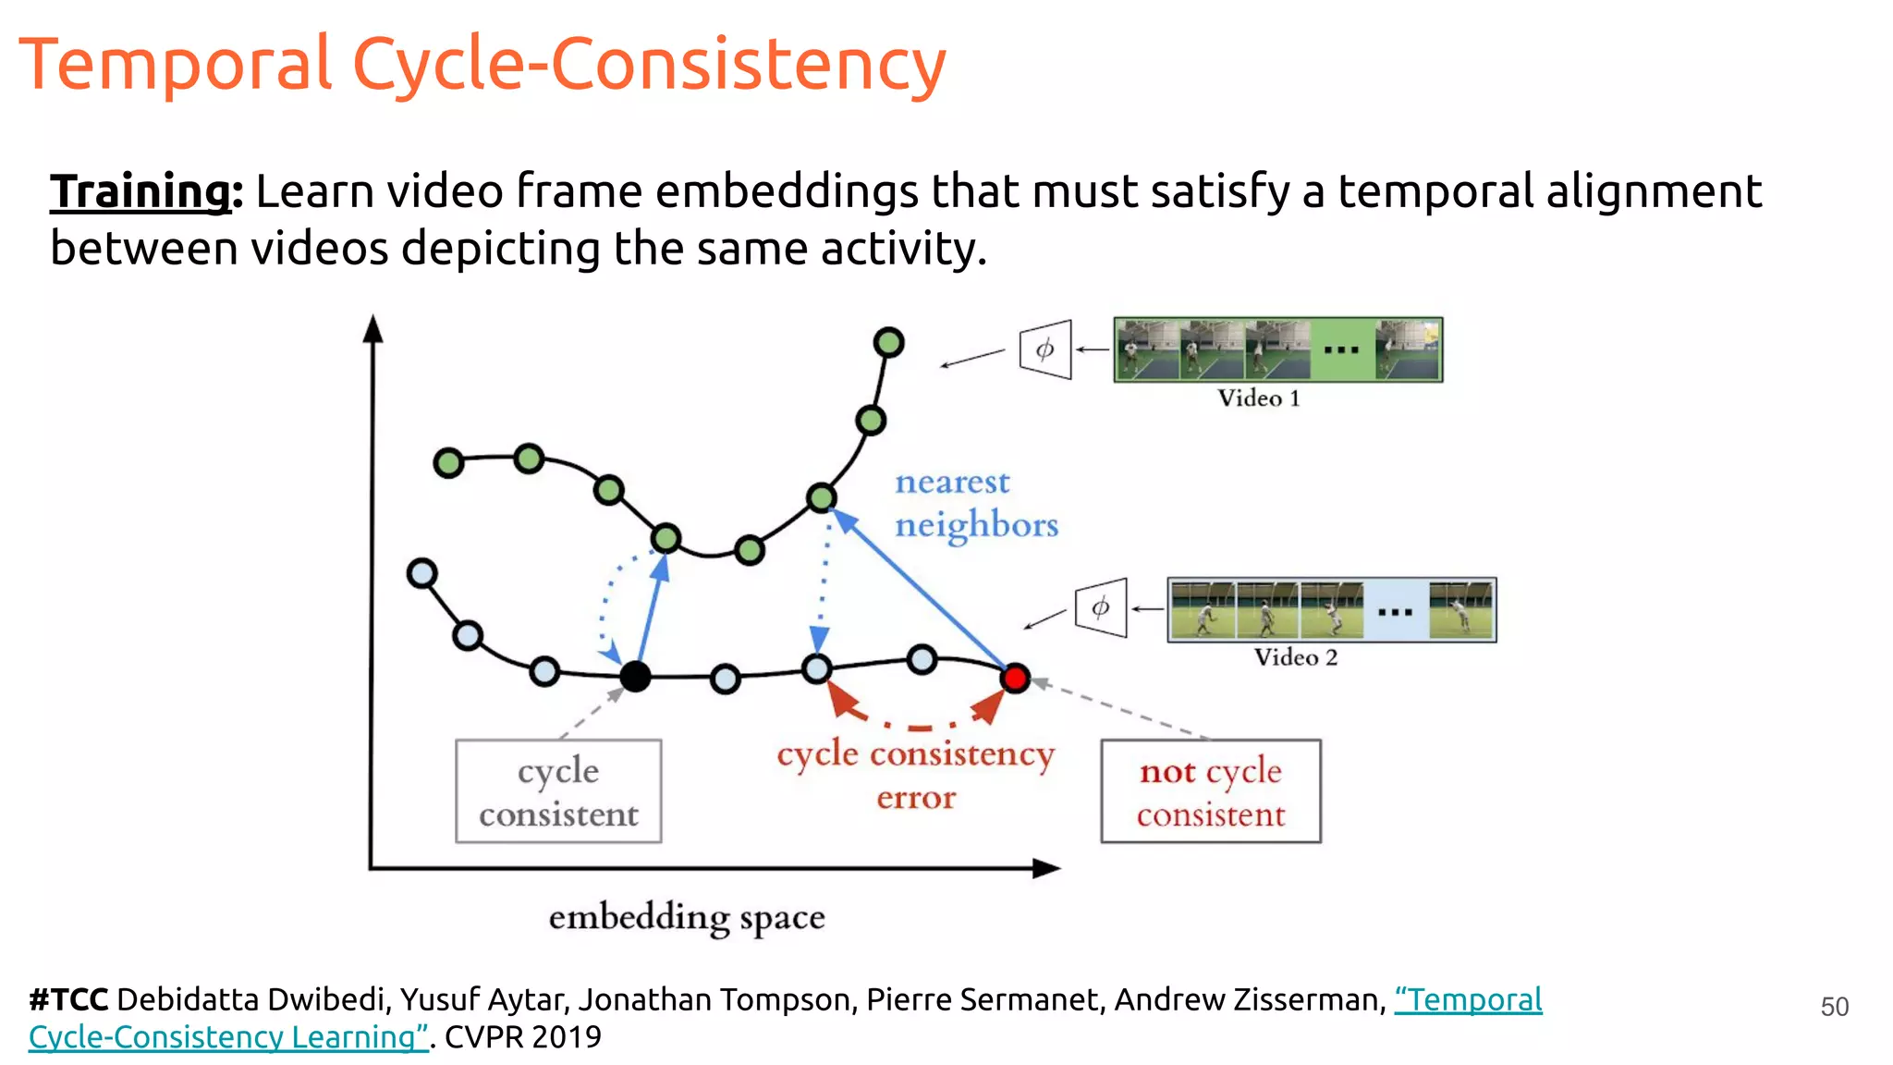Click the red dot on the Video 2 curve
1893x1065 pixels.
pos(1015,679)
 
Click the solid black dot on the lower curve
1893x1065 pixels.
pos(635,677)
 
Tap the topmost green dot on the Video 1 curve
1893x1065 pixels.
pos(888,343)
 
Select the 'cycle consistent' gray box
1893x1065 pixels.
pos(558,791)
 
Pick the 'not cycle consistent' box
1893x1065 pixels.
pos(1211,791)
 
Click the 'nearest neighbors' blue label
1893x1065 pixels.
pos(975,503)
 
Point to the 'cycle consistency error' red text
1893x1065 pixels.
pos(915,775)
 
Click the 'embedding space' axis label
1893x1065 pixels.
pos(687,918)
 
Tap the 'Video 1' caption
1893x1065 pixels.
pos(1259,398)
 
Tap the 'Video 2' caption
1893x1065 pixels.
pos(1296,657)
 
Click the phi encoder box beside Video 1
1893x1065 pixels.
pos(1045,349)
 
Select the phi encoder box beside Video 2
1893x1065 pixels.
pos(1101,607)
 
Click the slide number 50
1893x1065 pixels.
pos(1834,1007)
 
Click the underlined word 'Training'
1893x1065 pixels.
pos(140,191)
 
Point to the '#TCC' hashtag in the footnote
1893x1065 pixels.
pos(68,999)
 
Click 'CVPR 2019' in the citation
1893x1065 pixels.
pos(523,1037)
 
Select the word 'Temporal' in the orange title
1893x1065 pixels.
pos(176,65)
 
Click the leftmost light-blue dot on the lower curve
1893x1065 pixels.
pos(422,574)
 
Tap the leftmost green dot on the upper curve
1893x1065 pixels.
pos(448,462)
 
